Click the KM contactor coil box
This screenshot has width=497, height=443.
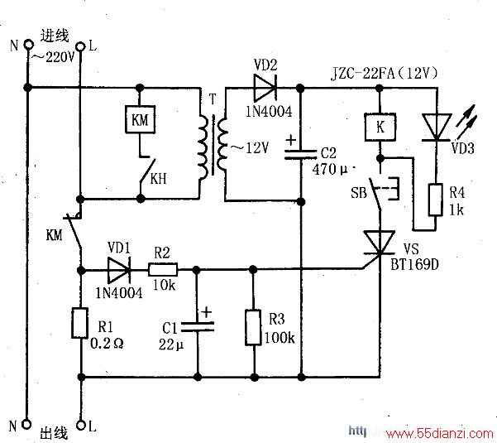click(x=140, y=119)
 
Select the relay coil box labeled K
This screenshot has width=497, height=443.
click(x=380, y=127)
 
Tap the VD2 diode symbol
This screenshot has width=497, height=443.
click(x=265, y=87)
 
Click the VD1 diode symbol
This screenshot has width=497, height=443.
click(x=119, y=270)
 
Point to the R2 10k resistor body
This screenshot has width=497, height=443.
click(x=163, y=270)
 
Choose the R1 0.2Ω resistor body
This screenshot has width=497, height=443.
click(x=79, y=323)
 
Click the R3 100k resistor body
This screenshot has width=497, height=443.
click(x=253, y=327)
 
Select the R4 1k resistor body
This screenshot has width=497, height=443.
click(x=436, y=200)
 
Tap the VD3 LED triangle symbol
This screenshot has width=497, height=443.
click(x=437, y=128)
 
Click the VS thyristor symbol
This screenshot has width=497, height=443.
click(x=379, y=243)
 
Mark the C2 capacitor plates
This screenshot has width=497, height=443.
click(x=300, y=155)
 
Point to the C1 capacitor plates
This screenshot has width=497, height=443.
click(x=197, y=327)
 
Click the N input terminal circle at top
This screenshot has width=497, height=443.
click(x=28, y=44)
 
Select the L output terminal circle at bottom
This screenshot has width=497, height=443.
click(x=81, y=425)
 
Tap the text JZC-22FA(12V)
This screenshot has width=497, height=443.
click(x=385, y=74)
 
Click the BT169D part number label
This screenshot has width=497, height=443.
click(x=414, y=264)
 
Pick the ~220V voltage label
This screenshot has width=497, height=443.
click(x=53, y=57)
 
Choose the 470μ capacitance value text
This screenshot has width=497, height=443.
click(x=330, y=169)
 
